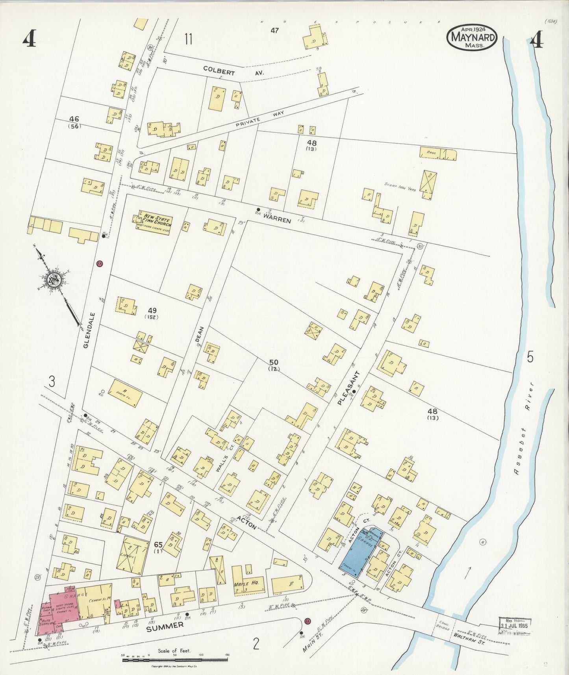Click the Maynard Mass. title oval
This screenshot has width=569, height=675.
pyautogui.click(x=472, y=37)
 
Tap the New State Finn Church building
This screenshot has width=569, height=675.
pyautogui.click(x=154, y=223)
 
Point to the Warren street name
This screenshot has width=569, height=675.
pyautogui.click(x=277, y=218)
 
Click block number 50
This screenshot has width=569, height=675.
pyautogui.click(x=274, y=362)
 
